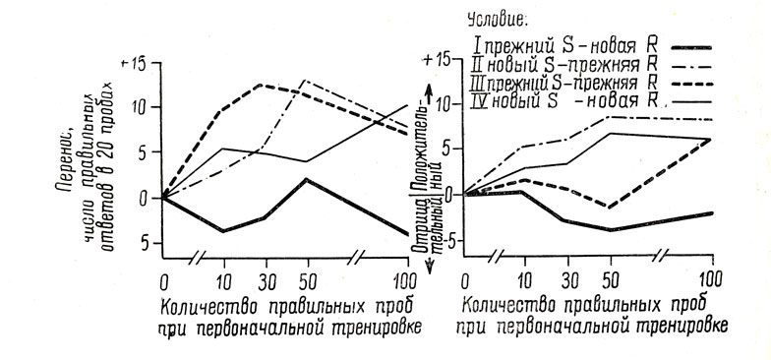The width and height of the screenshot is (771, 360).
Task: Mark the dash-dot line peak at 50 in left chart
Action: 308,80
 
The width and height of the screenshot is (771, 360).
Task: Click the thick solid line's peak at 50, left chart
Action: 308,180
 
